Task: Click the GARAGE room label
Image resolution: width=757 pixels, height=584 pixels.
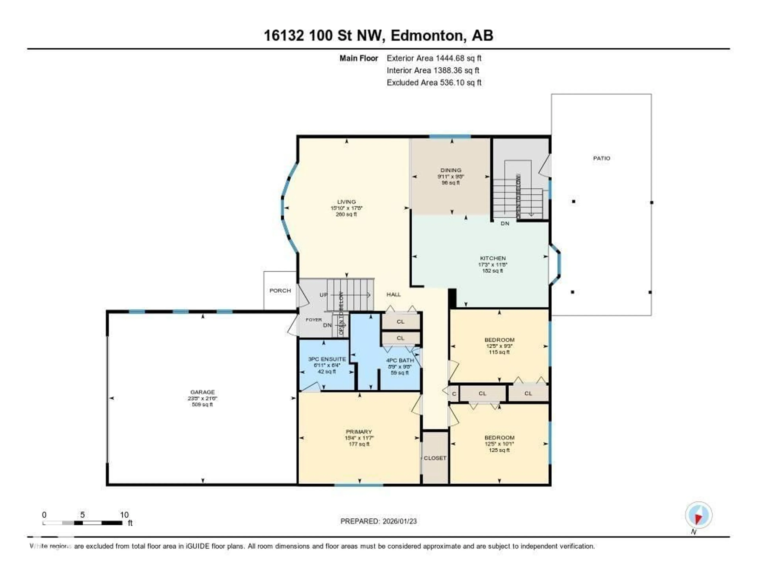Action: point(202,392)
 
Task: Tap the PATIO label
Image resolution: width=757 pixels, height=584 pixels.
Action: point(601,158)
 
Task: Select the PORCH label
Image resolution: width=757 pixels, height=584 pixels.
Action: point(280,290)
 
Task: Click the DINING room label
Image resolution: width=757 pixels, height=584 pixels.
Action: point(451,170)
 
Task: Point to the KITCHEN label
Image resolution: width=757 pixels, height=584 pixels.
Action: point(492,258)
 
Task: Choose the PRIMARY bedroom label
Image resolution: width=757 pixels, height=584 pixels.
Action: point(359,432)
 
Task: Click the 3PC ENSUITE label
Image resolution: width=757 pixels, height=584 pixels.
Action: point(327,359)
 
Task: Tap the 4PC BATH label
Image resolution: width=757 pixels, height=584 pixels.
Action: point(400,360)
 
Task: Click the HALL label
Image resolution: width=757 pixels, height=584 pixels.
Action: point(393,295)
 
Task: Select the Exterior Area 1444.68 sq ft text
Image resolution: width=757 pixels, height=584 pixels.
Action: point(434,58)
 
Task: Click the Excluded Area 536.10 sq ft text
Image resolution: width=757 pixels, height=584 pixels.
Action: point(434,82)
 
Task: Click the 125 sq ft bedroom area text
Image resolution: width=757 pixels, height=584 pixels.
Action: point(499,450)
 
